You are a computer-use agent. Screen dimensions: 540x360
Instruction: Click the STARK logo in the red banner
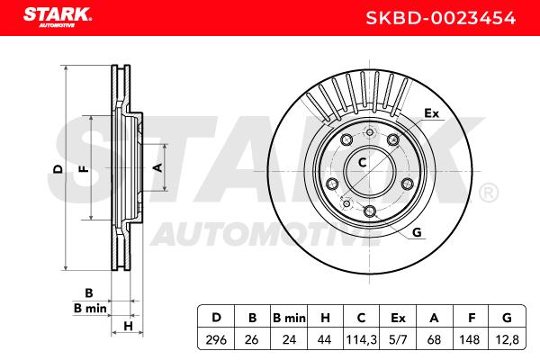(58, 17)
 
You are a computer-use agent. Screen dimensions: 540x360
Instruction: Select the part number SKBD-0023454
(440, 18)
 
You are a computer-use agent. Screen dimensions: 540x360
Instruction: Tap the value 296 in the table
(216, 340)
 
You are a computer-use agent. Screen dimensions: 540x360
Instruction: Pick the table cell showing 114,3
(361, 340)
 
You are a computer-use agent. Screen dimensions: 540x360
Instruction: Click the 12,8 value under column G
(507, 340)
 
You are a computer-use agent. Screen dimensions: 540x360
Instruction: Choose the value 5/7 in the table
(398, 340)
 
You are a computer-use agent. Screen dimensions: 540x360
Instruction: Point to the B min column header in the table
(289, 318)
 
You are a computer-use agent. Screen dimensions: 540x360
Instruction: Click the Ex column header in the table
(398, 318)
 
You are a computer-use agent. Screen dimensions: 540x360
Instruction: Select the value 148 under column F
(470, 340)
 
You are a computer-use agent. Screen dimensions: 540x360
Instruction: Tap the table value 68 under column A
(434, 340)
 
